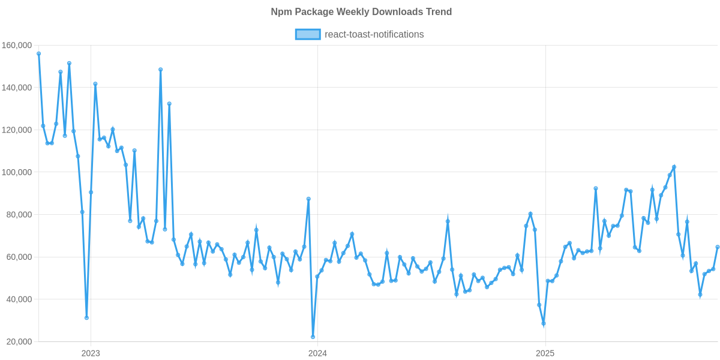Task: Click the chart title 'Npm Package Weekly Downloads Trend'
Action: coord(361,12)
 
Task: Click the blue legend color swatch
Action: coord(307,34)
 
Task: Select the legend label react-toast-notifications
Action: coord(374,34)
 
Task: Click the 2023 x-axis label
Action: coord(91,353)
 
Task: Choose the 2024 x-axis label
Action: coord(317,353)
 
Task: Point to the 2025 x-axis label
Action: coord(544,353)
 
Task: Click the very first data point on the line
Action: coord(39,53)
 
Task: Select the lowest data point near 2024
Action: coord(313,337)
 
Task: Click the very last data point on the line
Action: coord(718,247)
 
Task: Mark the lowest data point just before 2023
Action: coord(86,318)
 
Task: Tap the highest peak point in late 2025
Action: coord(674,167)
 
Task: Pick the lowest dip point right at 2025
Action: coord(544,324)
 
